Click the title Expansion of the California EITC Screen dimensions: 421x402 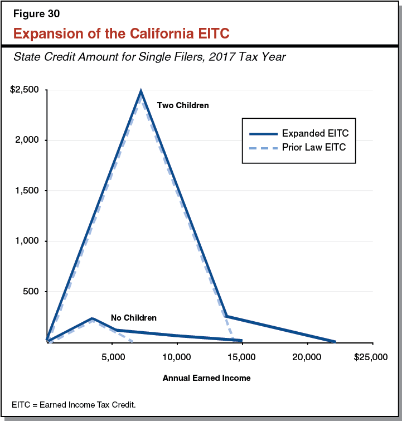click(121, 33)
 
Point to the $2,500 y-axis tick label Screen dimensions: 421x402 click(24, 90)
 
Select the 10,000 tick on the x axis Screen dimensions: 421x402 click(177, 357)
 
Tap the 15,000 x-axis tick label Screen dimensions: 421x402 click(242, 357)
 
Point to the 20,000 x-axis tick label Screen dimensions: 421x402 click(307, 357)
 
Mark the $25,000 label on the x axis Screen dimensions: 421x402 click(370, 357)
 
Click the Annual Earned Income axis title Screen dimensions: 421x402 click(206, 378)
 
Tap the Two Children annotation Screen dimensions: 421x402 click(182, 105)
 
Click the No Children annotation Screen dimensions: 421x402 click(133, 318)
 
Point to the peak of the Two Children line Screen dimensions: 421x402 click(141, 91)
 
